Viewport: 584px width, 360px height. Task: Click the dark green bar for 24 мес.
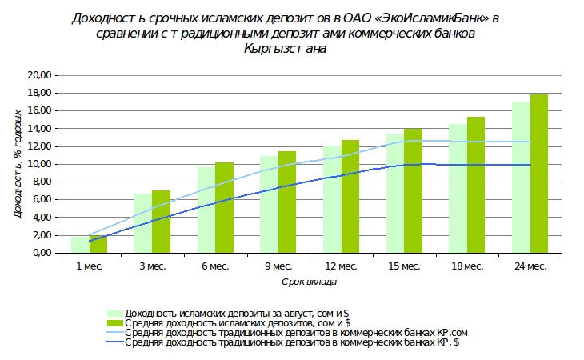coord(539,174)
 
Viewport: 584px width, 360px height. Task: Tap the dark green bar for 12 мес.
coord(350,197)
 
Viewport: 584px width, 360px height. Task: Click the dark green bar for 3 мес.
coord(162,222)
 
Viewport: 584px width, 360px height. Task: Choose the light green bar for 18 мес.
coord(458,188)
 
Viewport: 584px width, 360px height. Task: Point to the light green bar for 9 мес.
coord(270,204)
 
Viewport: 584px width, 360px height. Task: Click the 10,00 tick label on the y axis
coord(40,164)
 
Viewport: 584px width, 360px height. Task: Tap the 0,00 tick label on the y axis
coord(42,253)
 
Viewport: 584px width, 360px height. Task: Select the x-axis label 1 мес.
coord(88,266)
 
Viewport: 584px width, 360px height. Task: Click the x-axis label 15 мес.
coord(404,266)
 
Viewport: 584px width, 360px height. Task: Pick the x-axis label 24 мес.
coord(530,266)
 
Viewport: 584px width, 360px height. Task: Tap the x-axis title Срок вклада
coord(309,282)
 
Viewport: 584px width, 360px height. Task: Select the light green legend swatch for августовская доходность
coord(115,313)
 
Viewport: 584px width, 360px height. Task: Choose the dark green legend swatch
coord(115,322)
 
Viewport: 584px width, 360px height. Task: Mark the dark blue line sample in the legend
coord(115,342)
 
